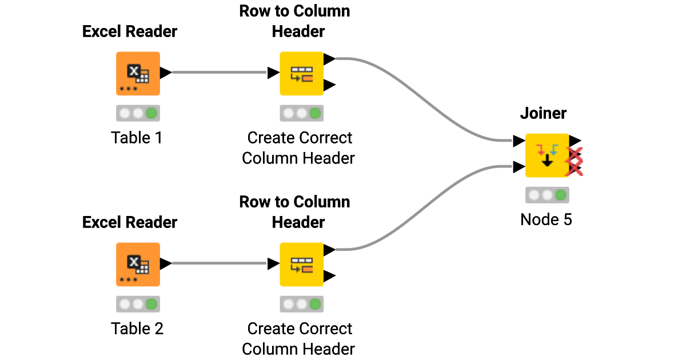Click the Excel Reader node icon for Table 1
[x=138, y=73]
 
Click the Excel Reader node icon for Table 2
[x=138, y=264]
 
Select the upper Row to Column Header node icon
[x=301, y=73]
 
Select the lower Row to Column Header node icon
[x=301, y=264]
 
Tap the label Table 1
[x=137, y=138]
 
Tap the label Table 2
[x=137, y=329]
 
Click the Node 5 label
[x=546, y=219]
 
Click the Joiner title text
[x=543, y=113]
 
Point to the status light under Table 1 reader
[x=138, y=113]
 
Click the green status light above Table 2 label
[x=151, y=304]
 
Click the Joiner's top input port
[x=519, y=141]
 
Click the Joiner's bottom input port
[x=519, y=167]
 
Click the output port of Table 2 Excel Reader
[x=166, y=263]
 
